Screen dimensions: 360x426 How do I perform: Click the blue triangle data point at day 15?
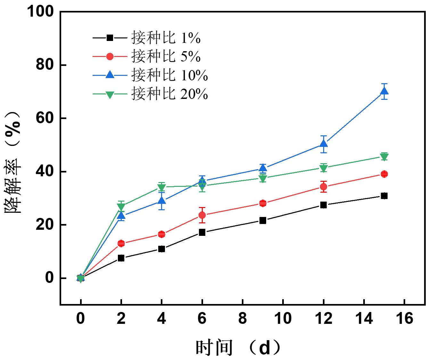384,92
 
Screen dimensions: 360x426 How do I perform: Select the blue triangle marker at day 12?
324,144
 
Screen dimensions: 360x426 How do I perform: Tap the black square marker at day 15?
384,196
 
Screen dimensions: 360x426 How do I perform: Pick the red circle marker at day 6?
202,215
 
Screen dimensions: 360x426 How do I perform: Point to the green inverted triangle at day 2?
121,206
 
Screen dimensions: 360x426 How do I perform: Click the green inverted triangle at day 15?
384,156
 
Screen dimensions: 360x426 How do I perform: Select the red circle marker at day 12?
324,187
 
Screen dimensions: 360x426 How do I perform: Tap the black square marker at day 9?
263,220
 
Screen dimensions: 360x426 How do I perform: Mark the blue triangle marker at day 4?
162,201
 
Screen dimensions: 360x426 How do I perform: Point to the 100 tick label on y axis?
41,12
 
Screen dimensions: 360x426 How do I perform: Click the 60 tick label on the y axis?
45,118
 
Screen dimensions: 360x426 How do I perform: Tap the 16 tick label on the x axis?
405,319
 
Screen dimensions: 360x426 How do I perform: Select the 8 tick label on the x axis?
242,319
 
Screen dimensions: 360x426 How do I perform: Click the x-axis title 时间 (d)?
239,347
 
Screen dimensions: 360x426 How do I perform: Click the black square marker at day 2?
121,258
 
